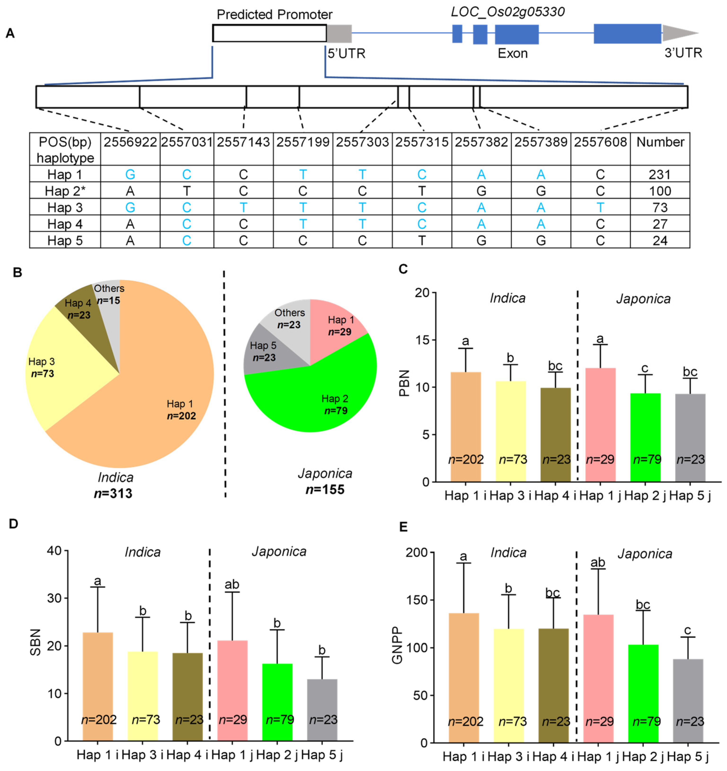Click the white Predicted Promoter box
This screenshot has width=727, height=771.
pyautogui.click(x=269, y=34)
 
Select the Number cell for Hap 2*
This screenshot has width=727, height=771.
pyautogui.click(x=659, y=191)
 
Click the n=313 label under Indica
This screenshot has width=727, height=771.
pyautogui.click(x=113, y=493)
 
